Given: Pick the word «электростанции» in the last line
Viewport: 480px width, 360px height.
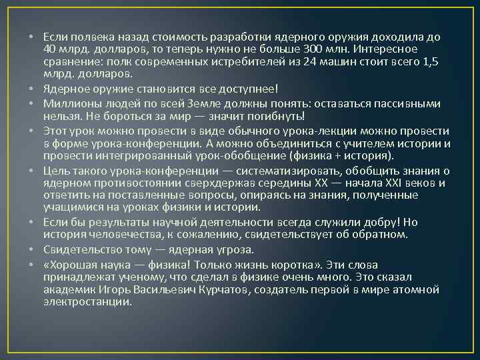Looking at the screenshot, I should tap(87, 301).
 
